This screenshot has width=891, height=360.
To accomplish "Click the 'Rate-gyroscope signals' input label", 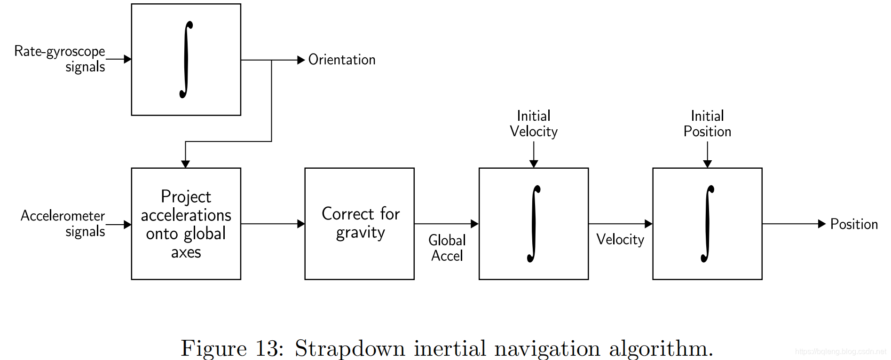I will [60, 58].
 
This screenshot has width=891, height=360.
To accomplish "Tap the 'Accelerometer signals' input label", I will [63, 223].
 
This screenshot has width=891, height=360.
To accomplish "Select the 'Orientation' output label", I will [342, 60].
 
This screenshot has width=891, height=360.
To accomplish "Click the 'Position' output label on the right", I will [854, 224].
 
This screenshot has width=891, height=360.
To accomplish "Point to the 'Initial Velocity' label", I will [534, 124].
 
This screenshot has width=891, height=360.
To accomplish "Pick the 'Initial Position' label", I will [707, 124].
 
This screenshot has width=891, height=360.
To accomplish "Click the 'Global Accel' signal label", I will [447, 248].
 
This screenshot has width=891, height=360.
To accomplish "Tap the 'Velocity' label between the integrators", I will [620, 239].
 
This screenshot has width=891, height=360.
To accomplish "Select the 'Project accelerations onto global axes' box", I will [186, 224].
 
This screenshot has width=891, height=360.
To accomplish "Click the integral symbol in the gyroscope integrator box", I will [186, 60].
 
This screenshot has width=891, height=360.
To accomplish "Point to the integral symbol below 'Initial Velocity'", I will [534, 224].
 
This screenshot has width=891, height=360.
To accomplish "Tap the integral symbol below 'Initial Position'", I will [707, 224].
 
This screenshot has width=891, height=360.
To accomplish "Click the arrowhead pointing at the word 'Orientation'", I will [301, 60].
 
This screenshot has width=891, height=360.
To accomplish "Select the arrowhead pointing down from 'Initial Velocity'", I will [534, 164].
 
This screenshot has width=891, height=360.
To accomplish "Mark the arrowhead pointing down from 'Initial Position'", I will [707, 164].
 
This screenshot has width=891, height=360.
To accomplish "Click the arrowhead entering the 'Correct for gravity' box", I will [301, 224].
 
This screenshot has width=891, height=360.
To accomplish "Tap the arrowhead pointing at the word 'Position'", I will [822, 224].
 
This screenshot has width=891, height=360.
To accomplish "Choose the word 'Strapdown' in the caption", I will [350, 349].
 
